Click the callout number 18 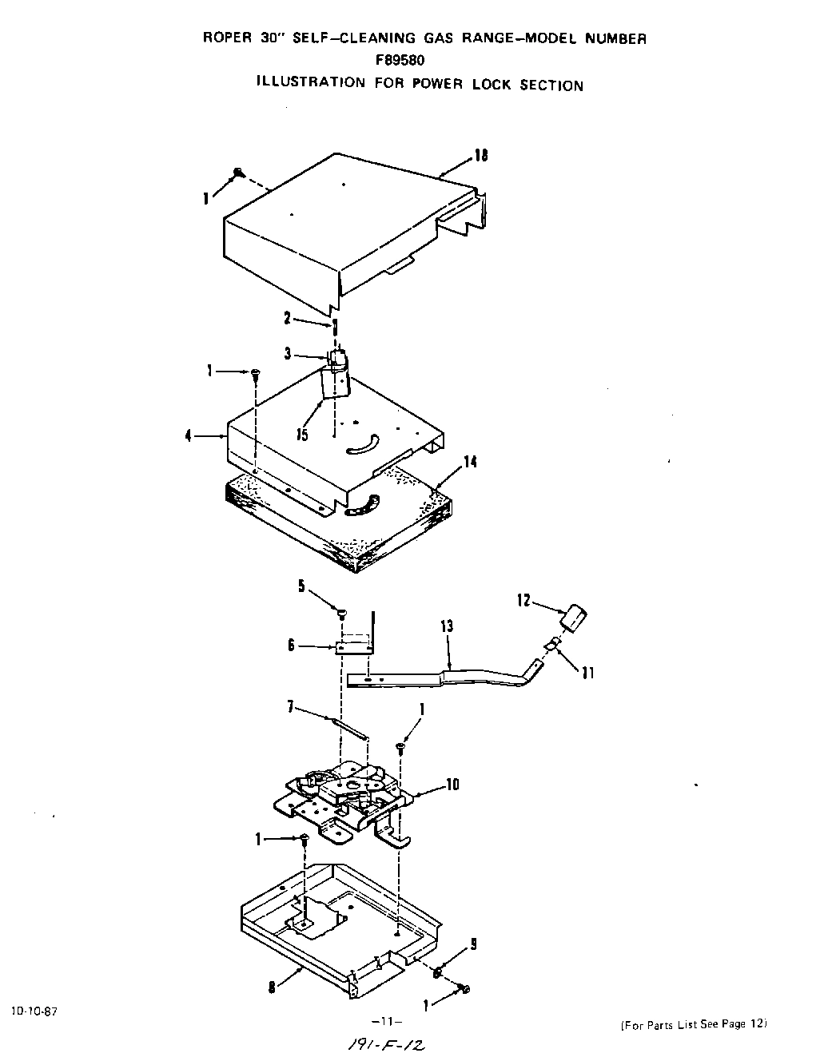point(481,156)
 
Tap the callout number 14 point(471,462)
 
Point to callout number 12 point(523,600)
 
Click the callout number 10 point(452,785)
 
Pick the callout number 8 point(273,987)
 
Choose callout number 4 point(189,437)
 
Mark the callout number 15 point(304,435)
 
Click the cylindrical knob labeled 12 point(575,619)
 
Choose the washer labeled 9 point(439,972)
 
